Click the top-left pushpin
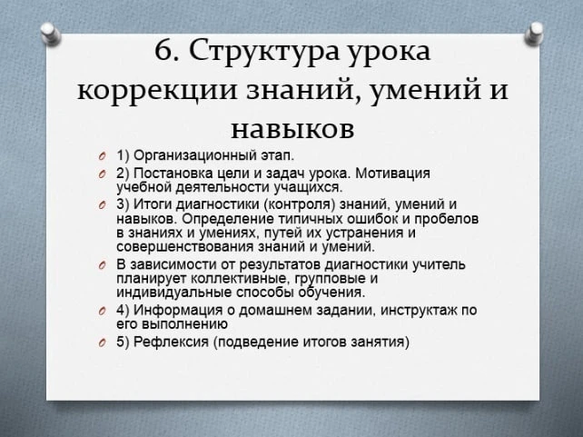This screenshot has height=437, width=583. click(51, 34)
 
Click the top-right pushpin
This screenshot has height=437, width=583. click(534, 34)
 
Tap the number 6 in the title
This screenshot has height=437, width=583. click(163, 50)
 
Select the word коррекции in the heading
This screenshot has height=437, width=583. click(156, 91)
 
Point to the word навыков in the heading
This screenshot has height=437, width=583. click(292, 129)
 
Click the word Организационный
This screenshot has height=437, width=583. click(194, 155)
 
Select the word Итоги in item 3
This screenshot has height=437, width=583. click(153, 204)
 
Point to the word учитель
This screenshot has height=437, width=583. click(440, 265)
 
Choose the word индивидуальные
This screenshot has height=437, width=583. click(174, 293)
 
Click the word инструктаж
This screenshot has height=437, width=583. click(419, 311)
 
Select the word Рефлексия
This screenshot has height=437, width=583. click(171, 343)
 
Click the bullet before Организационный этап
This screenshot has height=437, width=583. click(103, 156)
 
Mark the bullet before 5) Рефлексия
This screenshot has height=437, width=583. click(103, 343)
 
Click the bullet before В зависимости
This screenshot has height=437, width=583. click(103, 265)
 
